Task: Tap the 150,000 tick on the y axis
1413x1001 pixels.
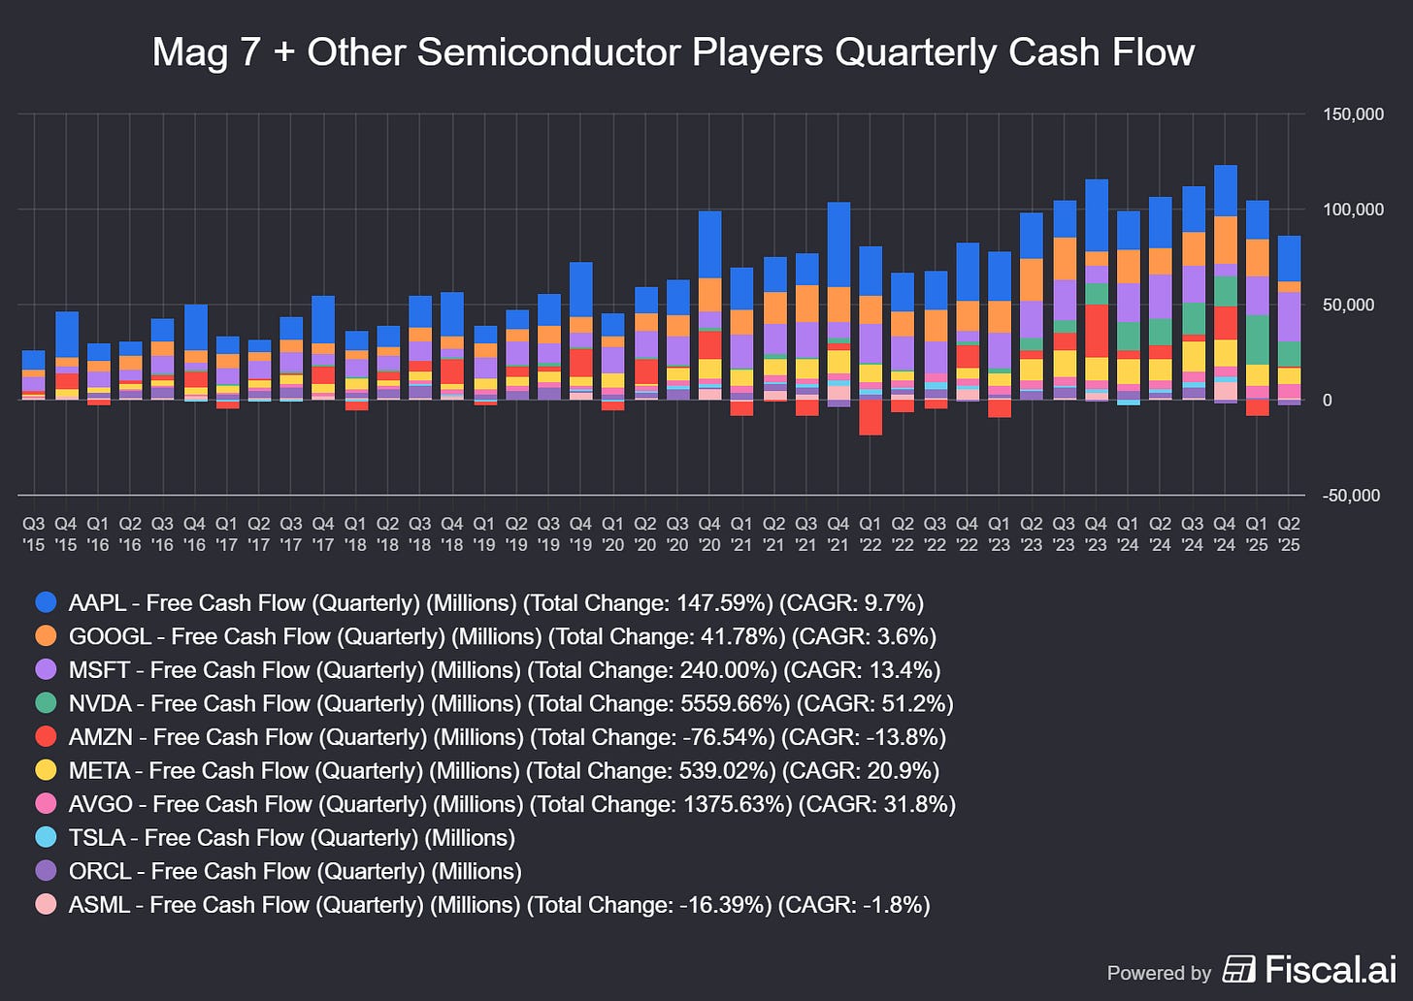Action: point(1353,114)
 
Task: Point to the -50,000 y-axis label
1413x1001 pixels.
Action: point(1353,496)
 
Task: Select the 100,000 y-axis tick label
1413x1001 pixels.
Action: point(1353,210)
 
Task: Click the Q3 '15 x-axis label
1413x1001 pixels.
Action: point(34,534)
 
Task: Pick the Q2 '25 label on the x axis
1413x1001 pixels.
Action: point(1289,534)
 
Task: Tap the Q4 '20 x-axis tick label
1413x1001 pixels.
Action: point(709,534)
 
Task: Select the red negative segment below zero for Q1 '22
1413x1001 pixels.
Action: point(871,417)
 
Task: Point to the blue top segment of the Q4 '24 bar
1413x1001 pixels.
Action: point(1225,190)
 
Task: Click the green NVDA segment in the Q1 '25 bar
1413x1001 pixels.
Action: point(1257,339)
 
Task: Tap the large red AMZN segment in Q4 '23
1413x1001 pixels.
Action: point(1097,331)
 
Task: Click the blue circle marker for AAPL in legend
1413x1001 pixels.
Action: point(46,602)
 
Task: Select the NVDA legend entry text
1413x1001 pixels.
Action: point(510,703)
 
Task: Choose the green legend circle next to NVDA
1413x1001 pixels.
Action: point(46,703)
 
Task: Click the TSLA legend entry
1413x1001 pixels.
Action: point(291,837)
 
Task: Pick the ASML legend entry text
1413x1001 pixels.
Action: point(499,904)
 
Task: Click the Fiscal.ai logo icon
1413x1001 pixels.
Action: point(1238,969)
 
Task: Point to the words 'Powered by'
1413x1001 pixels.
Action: point(1159,973)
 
